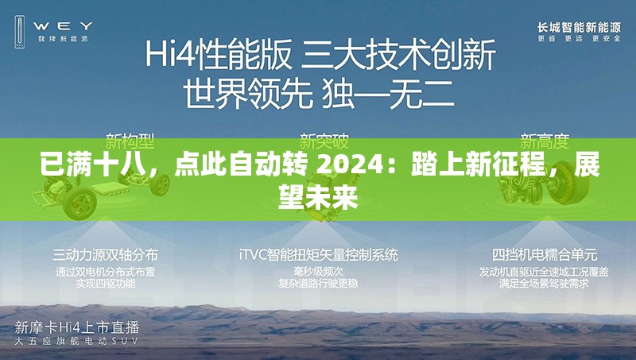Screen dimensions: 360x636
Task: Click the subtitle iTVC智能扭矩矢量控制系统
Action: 318,255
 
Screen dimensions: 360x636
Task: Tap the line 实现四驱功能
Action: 105,283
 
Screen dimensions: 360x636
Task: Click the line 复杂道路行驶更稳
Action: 318,283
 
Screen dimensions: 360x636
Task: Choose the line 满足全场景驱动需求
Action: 545,283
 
